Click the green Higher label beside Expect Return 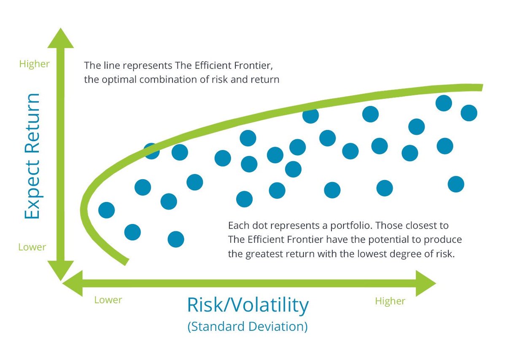35,64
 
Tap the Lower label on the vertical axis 32,247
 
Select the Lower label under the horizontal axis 108,300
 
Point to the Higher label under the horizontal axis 390,301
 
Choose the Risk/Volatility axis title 248,305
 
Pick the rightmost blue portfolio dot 469,113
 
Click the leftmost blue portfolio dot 106,210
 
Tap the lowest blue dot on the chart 176,239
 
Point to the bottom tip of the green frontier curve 125,262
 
